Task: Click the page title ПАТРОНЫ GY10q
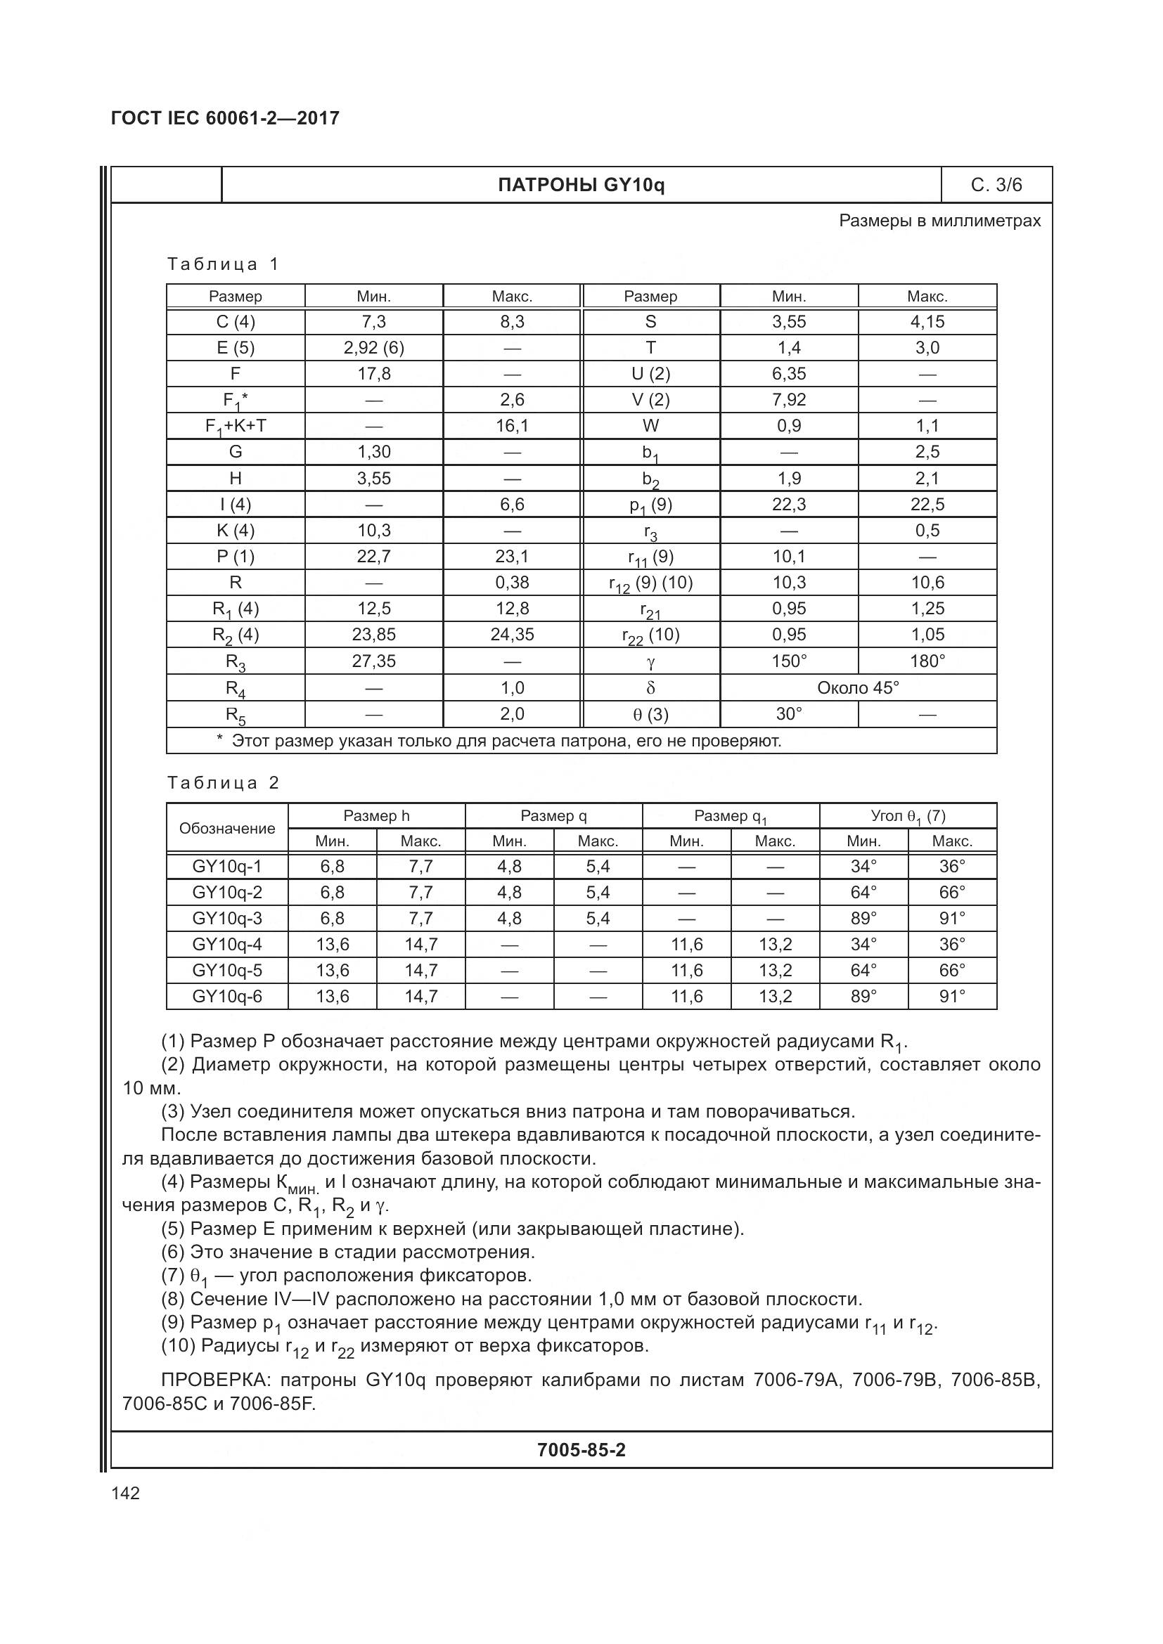point(581,186)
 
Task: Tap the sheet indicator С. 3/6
point(996,186)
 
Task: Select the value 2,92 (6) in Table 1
point(374,348)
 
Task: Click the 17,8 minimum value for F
point(374,374)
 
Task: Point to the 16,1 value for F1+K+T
point(512,426)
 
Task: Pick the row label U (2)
point(650,374)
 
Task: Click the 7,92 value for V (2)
point(788,399)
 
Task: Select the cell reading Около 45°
point(858,688)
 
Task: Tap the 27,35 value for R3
point(374,661)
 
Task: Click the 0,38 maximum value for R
point(512,582)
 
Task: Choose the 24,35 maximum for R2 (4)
point(512,635)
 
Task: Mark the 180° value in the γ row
point(927,661)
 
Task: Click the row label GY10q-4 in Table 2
point(227,945)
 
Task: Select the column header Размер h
point(376,815)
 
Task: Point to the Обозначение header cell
point(227,829)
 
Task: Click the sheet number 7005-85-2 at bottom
point(581,1450)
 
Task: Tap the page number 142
point(125,1494)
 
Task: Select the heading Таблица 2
point(223,782)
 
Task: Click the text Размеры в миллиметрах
point(939,221)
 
